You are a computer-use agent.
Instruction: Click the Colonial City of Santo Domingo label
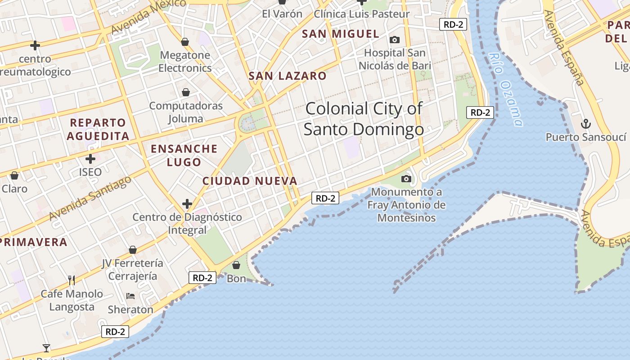tap(364, 119)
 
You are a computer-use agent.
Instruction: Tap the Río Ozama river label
tap(506, 90)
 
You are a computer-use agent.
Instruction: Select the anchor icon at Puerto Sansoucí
tap(586, 124)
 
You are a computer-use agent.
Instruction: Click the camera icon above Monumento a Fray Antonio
tap(406, 179)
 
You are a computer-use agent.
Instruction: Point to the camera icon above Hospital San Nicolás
tap(395, 40)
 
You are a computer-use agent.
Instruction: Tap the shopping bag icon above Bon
tap(236, 265)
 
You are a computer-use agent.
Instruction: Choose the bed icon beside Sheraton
tap(130, 296)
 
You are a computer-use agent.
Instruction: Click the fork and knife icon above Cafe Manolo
tap(72, 280)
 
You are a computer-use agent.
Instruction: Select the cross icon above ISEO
tap(90, 159)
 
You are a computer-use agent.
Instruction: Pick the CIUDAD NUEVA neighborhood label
tap(250, 181)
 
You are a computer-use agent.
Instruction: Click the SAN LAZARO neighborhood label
tap(288, 76)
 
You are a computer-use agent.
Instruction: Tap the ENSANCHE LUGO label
tap(184, 155)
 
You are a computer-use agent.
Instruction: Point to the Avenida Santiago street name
tap(90, 198)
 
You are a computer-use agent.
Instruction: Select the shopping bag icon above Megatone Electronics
tap(185, 42)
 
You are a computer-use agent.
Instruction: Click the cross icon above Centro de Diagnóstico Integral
tap(187, 204)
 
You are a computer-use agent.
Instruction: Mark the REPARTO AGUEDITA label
tap(98, 129)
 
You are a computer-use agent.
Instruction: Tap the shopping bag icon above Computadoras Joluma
tap(186, 93)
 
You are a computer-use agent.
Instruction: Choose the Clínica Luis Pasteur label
tap(362, 14)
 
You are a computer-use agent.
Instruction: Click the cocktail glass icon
tap(46, 348)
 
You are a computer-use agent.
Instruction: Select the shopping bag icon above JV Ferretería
tap(133, 250)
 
